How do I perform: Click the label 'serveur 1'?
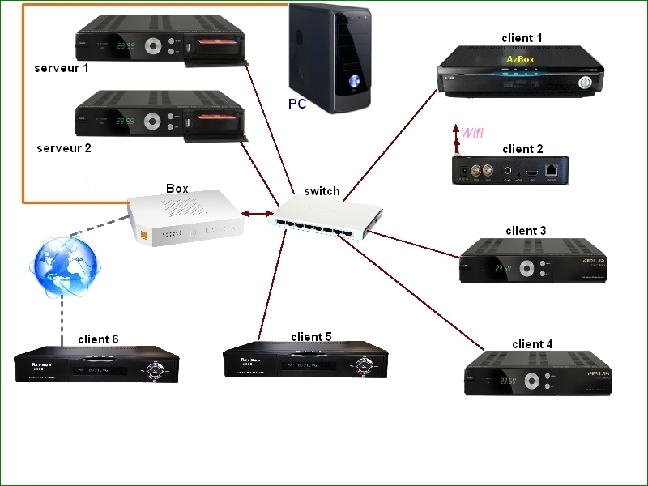(x=62, y=68)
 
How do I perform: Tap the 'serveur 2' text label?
(x=64, y=148)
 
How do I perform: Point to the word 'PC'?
(x=297, y=104)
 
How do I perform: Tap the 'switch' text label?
(x=322, y=191)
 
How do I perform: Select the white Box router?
(x=185, y=217)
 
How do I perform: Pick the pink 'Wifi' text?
(x=472, y=132)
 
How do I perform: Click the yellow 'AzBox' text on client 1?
(x=521, y=59)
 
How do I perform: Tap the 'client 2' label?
(x=522, y=148)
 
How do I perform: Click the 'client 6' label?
(x=98, y=339)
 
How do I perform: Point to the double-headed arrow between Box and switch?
(x=256, y=214)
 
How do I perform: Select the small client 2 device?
(x=509, y=172)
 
